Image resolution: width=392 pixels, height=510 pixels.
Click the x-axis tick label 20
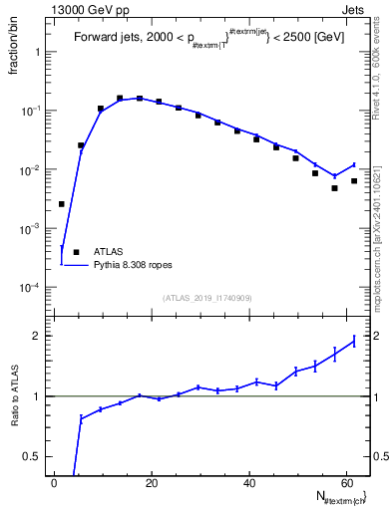tap(152, 483)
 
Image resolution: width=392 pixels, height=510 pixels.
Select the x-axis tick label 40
tap(248, 483)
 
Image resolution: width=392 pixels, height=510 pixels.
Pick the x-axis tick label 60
tap(345, 483)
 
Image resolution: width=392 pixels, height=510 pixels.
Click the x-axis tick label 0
tap(55, 483)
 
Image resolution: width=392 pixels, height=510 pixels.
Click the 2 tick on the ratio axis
tap(41, 336)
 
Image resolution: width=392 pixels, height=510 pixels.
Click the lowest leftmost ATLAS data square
tap(62, 204)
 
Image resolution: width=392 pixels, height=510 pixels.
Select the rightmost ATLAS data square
tap(354, 181)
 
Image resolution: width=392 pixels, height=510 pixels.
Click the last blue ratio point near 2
tap(354, 342)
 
